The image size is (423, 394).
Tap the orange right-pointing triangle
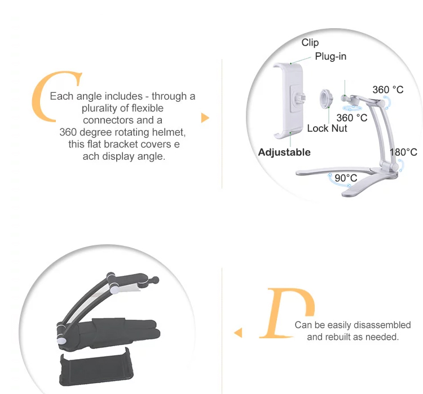tap(205, 118)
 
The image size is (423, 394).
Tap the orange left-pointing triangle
tap(238, 333)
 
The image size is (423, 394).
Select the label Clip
tap(310, 43)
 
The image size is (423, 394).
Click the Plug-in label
tap(331, 56)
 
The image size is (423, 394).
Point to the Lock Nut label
tap(327, 128)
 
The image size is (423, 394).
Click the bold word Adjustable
tap(284, 152)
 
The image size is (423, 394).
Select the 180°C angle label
tap(403, 152)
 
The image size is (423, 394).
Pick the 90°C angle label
tap(346, 178)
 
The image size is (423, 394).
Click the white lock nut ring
tap(326, 98)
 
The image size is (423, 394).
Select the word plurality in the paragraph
tap(100, 109)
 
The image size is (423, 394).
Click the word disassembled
tap(382, 325)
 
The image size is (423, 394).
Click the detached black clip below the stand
tap(96, 367)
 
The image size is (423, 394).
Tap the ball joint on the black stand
tap(155, 280)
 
